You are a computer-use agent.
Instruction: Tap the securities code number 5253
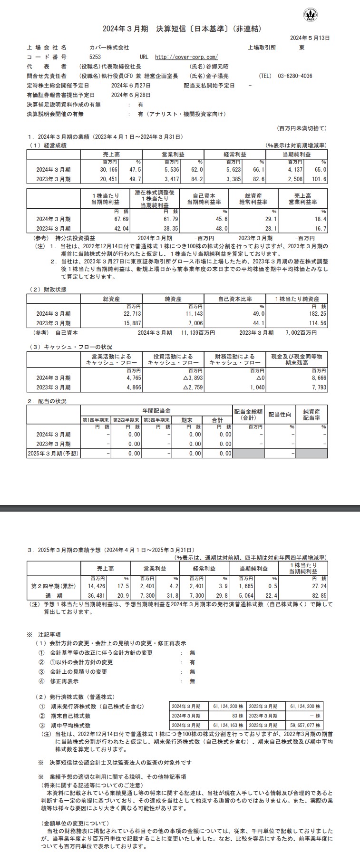tap(95, 57)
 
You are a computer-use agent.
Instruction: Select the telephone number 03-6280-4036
tap(295, 76)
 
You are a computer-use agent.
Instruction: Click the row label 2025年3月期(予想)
tap(53, 454)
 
